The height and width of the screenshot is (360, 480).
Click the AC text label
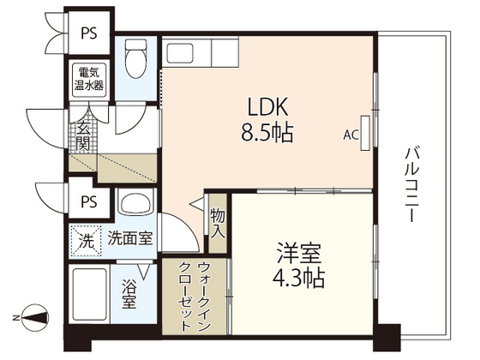[x=351, y=135]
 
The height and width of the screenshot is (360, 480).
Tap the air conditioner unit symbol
[x=367, y=133]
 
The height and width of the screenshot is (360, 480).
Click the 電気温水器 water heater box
[x=89, y=79]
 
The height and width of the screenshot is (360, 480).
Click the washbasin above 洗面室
[x=135, y=205]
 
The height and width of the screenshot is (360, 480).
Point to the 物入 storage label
[x=218, y=225]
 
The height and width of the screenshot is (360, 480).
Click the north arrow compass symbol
[x=35, y=319]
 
